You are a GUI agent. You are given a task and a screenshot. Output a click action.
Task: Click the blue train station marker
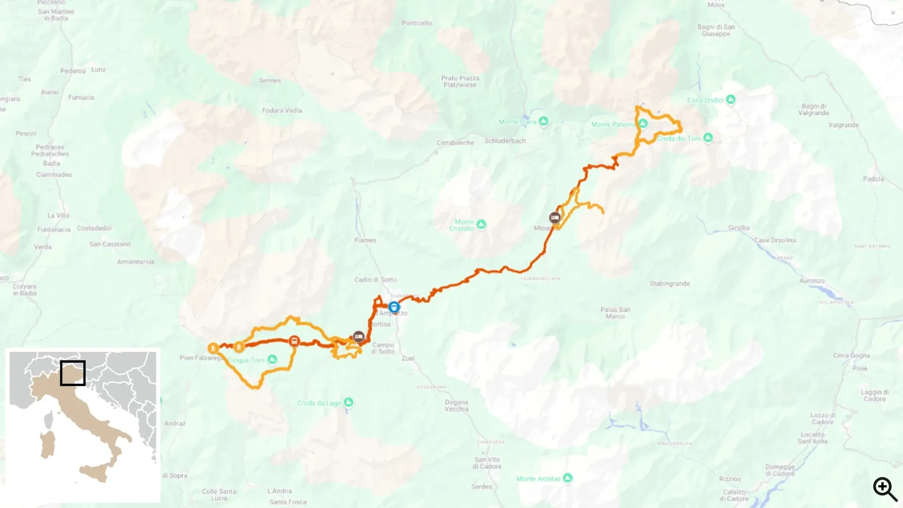[x=394, y=307]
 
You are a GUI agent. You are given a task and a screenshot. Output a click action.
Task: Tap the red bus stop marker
[x=294, y=341]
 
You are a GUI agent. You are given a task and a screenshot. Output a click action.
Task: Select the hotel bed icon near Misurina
[x=555, y=217]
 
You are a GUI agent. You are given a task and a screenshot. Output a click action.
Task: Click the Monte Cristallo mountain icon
[x=481, y=224]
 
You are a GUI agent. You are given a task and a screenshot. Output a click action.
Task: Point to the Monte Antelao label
[x=539, y=479]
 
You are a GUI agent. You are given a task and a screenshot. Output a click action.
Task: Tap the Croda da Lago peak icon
[x=349, y=402]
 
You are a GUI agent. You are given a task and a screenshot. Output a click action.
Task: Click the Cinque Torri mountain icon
[x=272, y=360]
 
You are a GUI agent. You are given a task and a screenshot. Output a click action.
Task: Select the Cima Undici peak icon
[x=730, y=99]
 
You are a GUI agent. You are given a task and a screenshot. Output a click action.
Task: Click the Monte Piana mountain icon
[x=544, y=121]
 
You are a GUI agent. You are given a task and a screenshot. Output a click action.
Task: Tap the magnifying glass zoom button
[x=885, y=489]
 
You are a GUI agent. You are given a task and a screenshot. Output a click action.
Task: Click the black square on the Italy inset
[x=73, y=373]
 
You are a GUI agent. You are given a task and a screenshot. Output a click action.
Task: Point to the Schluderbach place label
[x=505, y=141]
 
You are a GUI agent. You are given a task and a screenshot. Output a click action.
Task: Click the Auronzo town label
[x=812, y=281]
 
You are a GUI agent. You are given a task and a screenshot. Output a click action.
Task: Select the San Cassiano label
[x=110, y=244]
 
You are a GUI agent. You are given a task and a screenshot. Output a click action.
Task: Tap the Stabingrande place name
[x=670, y=284]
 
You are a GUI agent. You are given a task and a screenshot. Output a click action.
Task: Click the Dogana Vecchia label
[x=456, y=405]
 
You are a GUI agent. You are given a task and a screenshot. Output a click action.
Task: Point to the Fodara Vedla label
[x=282, y=110]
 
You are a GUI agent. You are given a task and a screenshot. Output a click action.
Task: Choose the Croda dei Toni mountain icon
[x=708, y=138]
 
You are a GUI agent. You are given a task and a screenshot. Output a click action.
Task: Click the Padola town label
[x=873, y=179]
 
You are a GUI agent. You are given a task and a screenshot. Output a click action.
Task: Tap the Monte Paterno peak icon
[x=643, y=124]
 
